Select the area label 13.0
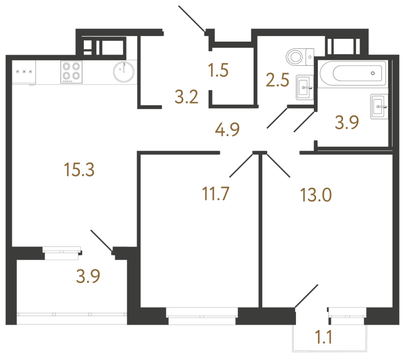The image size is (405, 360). [316, 195]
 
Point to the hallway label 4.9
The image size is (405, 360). [227, 130]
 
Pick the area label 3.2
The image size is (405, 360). [186, 98]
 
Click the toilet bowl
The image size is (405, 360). [298, 56]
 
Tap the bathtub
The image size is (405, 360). [352, 73]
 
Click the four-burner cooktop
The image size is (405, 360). [71, 72]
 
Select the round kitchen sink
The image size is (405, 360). [123, 71]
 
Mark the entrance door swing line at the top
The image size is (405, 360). [193, 19]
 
